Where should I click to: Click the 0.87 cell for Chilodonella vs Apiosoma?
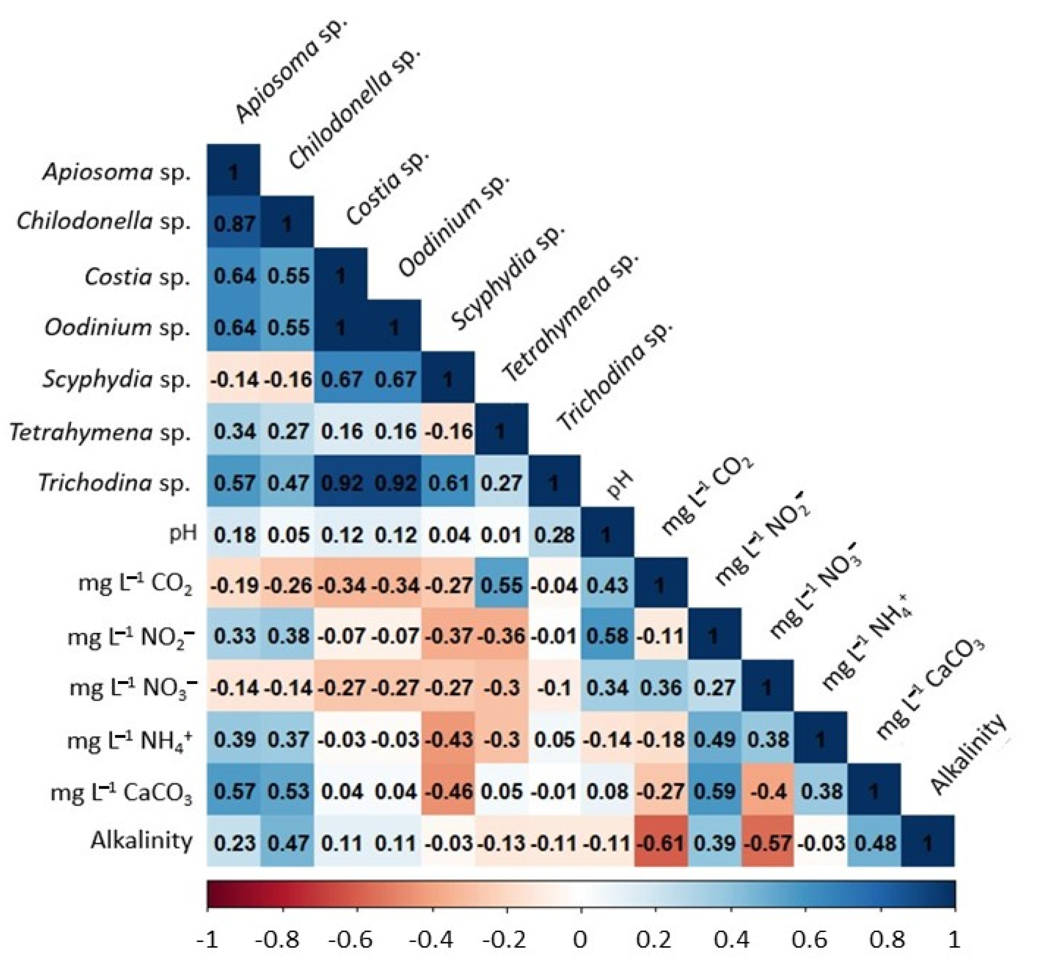click(x=234, y=224)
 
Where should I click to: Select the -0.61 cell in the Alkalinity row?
click(x=662, y=843)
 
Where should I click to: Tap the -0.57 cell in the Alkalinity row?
click(x=768, y=843)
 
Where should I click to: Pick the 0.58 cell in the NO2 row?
click(x=608, y=636)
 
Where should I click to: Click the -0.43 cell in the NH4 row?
click(x=448, y=739)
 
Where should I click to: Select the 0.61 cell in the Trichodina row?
click(x=448, y=482)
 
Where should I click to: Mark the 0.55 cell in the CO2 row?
click(x=501, y=586)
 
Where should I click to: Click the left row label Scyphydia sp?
click(x=117, y=379)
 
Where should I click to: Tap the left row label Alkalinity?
click(x=141, y=840)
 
